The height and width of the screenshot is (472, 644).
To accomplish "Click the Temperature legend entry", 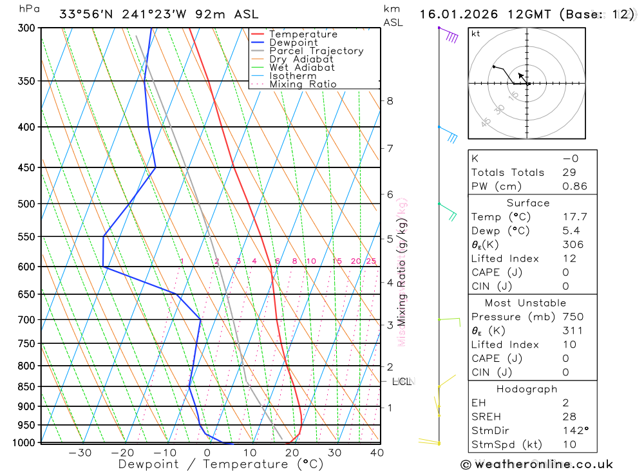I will click(303, 34).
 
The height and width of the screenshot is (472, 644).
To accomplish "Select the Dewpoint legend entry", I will click(293, 42).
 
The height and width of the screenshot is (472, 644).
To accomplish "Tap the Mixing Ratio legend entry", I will click(303, 84).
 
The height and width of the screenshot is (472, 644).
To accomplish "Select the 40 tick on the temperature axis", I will click(377, 453).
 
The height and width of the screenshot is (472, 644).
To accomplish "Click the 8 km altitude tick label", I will click(390, 100).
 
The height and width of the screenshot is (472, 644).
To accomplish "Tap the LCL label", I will click(401, 382).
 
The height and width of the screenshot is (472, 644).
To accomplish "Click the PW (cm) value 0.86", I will click(574, 186).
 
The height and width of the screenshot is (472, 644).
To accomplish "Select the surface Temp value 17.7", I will click(574, 217).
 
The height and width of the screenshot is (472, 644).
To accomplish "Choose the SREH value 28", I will click(569, 417).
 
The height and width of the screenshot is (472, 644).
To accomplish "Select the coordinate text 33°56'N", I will click(86, 14).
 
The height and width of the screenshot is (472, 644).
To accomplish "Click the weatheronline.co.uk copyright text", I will click(536, 464).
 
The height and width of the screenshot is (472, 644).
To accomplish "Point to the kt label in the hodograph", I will click(476, 33).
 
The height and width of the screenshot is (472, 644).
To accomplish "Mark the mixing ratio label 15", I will click(337, 261).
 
